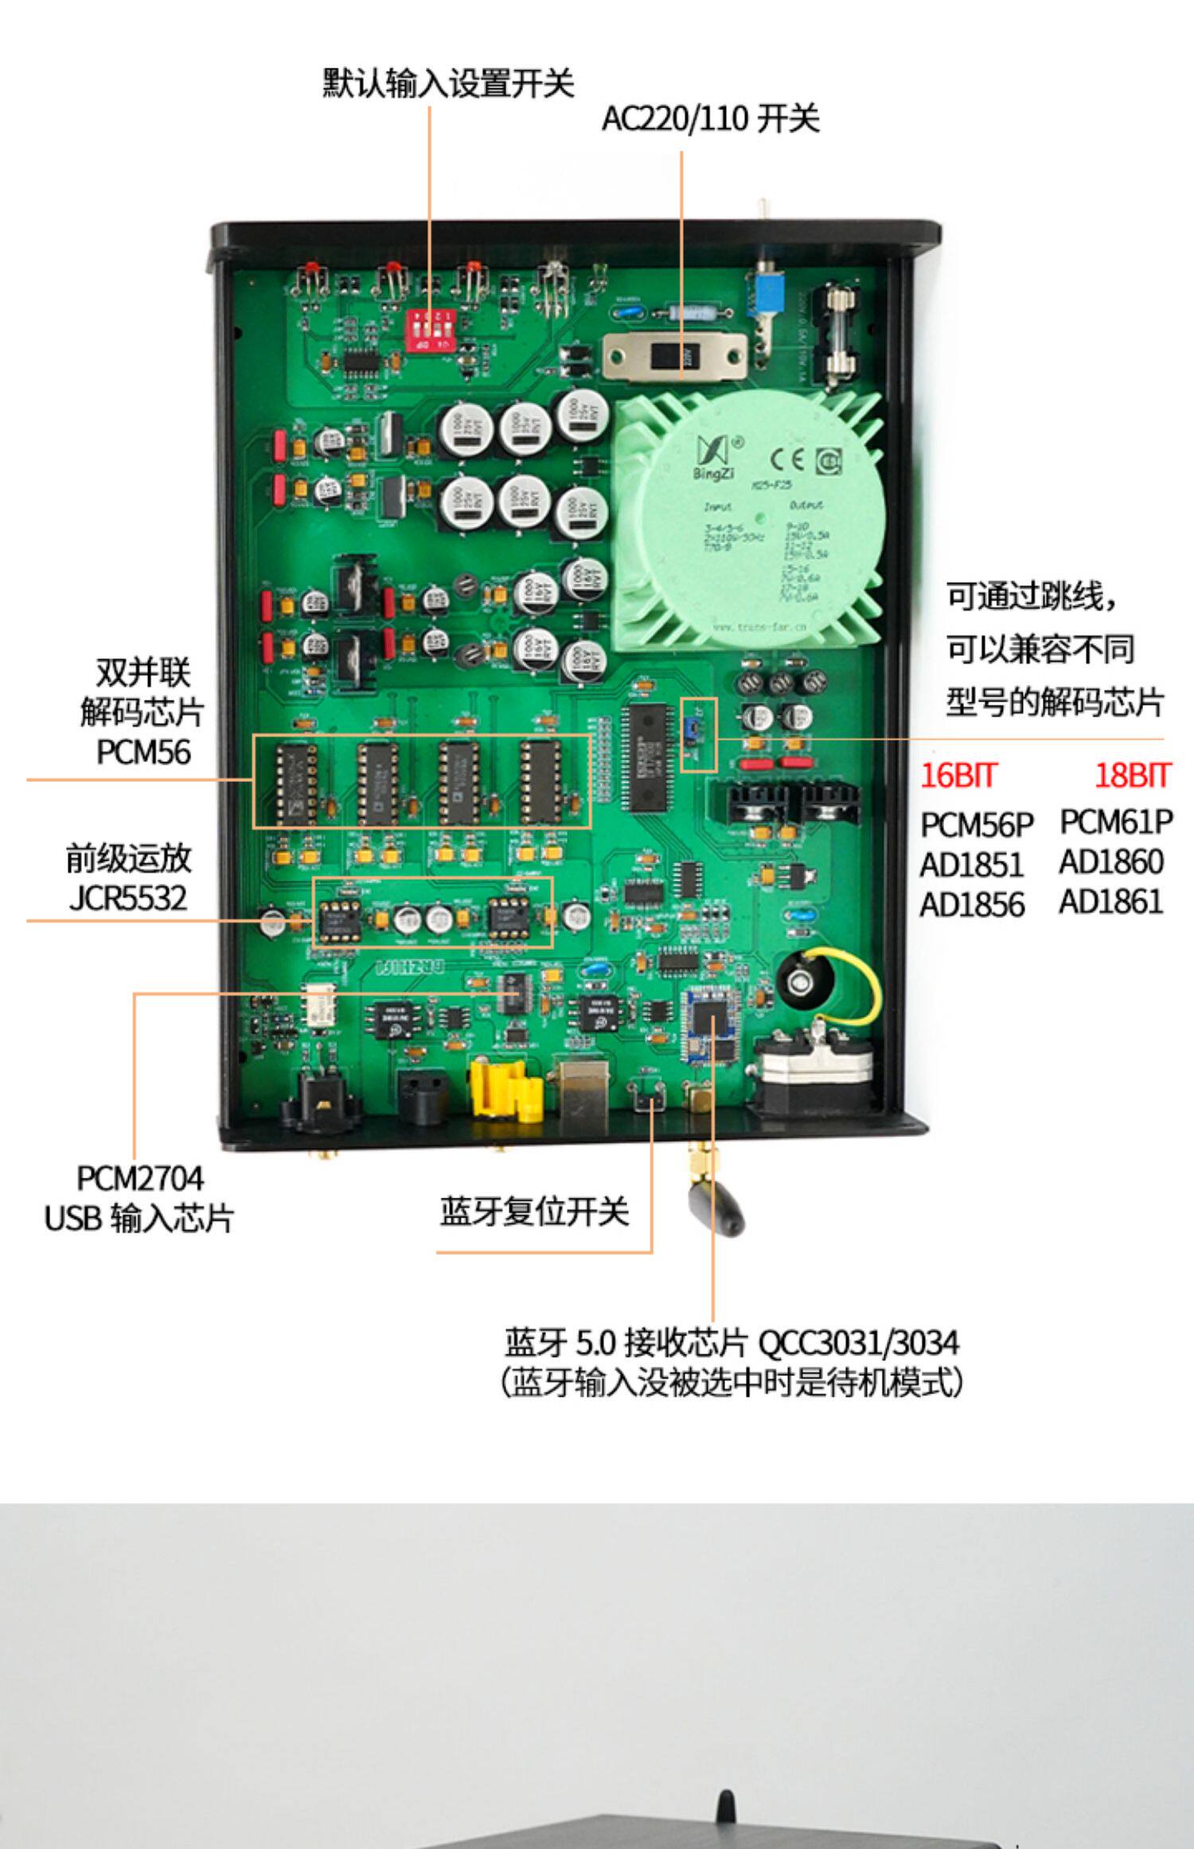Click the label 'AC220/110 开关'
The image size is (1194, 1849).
(709, 119)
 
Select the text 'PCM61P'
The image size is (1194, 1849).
(1116, 822)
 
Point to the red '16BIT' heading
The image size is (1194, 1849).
(958, 775)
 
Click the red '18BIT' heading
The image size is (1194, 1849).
(1132, 775)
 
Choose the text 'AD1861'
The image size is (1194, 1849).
(1111, 902)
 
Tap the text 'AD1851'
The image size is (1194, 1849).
(971, 865)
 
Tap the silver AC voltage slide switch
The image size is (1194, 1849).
(675, 357)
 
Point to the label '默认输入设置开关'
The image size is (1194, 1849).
(448, 83)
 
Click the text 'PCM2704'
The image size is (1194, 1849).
(139, 1178)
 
